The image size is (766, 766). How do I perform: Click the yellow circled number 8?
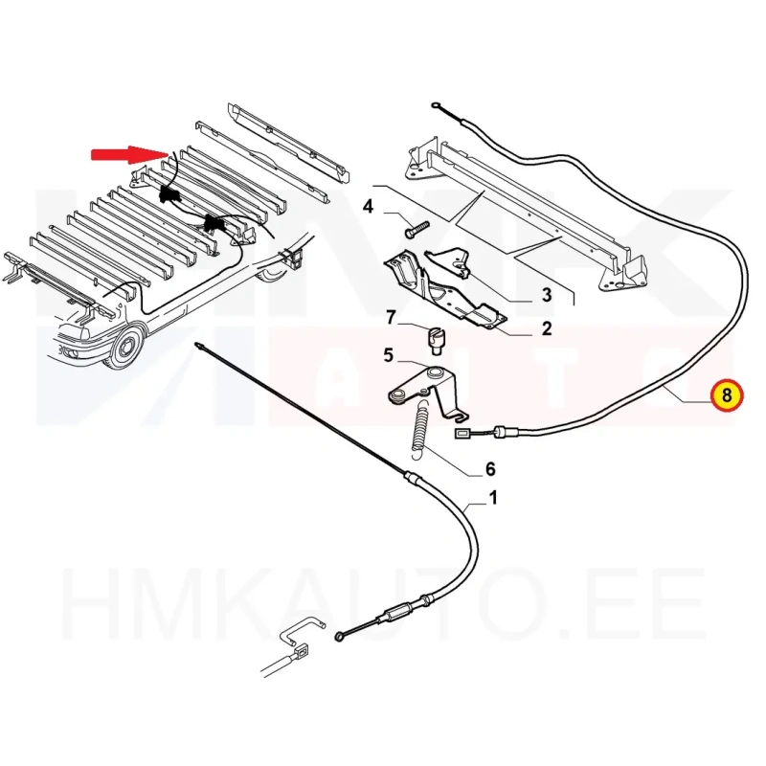tap(725, 394)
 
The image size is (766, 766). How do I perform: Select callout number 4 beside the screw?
tap(369, 205)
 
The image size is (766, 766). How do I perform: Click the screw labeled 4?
tap(415, 229)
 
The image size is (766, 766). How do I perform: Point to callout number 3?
tap(547, 294)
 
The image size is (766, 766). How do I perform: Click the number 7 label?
tap(391, 316)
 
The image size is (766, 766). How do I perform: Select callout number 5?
tap(388, 355)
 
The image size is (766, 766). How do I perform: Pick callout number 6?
tap(489, 469)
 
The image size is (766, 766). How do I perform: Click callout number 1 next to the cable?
tap(492, 497)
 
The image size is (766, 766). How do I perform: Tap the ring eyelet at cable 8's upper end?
tap(438, 107)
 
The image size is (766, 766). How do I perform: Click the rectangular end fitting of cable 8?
tap(462, 434)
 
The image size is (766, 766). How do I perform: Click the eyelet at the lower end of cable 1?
tap(340, 637)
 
